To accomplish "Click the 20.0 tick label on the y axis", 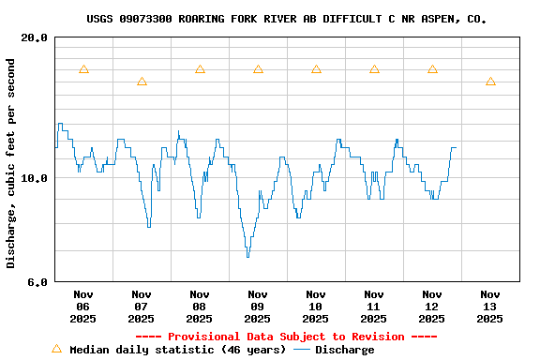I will click(x=34, y=37).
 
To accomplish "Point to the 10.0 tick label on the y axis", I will click(x=34, y=178).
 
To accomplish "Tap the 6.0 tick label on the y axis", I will click(x=37, y=281).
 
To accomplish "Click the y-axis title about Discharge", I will click(x=11, y=163).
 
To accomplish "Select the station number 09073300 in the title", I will click(x=148, y=19).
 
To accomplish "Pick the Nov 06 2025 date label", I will click(x=83, y=306).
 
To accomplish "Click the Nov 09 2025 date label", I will click(x=258, y=306).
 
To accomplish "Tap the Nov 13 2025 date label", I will click(x=490, y=306).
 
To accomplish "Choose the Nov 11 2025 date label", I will click(x=374, y=306).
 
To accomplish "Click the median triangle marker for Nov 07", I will click(x=142, y=82).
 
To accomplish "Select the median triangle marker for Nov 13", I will click(x=490, y=82).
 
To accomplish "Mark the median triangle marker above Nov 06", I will click(x=83, y=69).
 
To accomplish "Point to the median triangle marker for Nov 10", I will click(x=316, y=69).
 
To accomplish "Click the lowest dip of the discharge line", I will click(x=247, y=255).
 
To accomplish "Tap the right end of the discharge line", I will click(x=456, y=147).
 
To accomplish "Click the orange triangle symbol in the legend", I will click(x=56, y=349).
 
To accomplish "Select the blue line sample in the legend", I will click(x=302, y=350).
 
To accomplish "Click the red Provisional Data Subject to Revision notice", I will click(x=286, y=337).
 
